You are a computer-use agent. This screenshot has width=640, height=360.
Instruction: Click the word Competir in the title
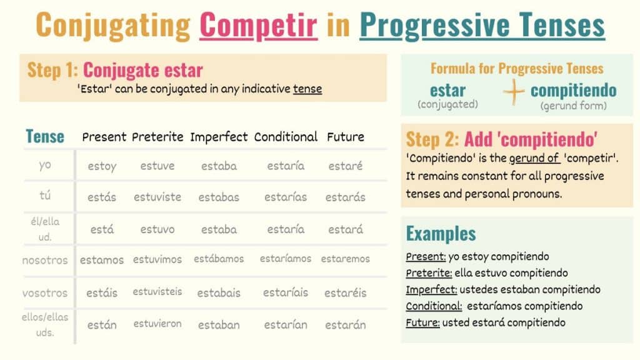pyautogui.click(x=258, y=25)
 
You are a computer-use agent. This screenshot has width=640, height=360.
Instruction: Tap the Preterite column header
pyautogui.click(x=157, y=137)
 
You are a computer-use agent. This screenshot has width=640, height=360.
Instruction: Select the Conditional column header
pyautogui.click(x=286, y=137)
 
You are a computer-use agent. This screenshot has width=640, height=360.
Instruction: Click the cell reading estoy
pyautogui.click(x=102, y=166)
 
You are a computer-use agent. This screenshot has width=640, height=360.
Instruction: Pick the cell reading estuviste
pyautogui.click(x=157, y=197)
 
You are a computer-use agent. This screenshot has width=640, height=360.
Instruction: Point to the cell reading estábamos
pyautogui.click(x=219, y=259)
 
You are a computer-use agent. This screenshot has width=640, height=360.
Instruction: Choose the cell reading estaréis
pyautogui.click(x=345, y=292)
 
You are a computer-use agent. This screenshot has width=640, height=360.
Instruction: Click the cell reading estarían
pyautogui.click(x=286, y=325)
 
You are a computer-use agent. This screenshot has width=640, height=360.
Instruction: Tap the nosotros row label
pyautogui.click(x=45, y=261)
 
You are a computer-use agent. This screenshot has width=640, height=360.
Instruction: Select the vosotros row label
pyautogui.click(x=45, y=293)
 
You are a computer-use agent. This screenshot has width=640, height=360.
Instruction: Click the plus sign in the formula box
pyautogui.click(x=514, y=92)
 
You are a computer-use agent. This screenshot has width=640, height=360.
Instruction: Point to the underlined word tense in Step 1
pyautogui.click(x=307, y=89)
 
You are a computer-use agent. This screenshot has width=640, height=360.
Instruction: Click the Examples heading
pyautogui.click(x=441, y=234)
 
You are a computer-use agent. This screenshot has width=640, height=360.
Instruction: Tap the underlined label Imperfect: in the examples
pyautogui.click(x=431, y=290)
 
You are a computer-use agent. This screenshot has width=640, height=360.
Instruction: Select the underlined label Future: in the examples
pyautogui.click(x=422, y=323)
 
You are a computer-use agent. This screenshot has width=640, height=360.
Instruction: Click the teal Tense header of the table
pyautogui.click(x=45, y=136)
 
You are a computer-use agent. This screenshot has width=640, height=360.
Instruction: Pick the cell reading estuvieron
pyautogui.click(x=157, y=324)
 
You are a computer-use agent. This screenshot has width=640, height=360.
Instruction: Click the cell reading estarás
pyautogui.click(x=345, y=197)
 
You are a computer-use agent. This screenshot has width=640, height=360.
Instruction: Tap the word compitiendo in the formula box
pyautogui.click(x=574, y=91)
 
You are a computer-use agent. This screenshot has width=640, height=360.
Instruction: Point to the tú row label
pyautogui.click(x=45, y=196)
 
